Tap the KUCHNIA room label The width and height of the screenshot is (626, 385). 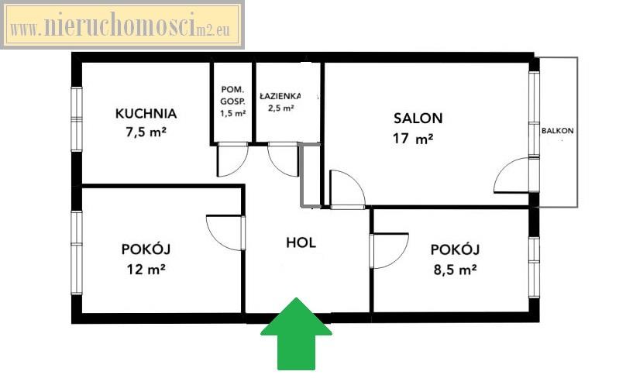[146, 113]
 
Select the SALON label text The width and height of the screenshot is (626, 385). [418, 119]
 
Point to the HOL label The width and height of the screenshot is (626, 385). [301, 242]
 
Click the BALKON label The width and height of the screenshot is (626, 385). [557, 131]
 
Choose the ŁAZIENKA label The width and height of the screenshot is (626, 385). [280, 96]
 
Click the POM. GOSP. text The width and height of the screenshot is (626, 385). [232, 95]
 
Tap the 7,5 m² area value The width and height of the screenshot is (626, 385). [146, 132]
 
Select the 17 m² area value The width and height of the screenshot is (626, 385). [413, 139]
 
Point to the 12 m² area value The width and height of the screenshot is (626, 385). [146, 269]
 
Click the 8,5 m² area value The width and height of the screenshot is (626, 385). [455, 270]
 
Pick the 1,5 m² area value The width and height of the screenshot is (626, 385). [232, 113]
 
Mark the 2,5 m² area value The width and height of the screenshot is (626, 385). [281, 108]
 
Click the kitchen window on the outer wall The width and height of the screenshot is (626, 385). [76, 119]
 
